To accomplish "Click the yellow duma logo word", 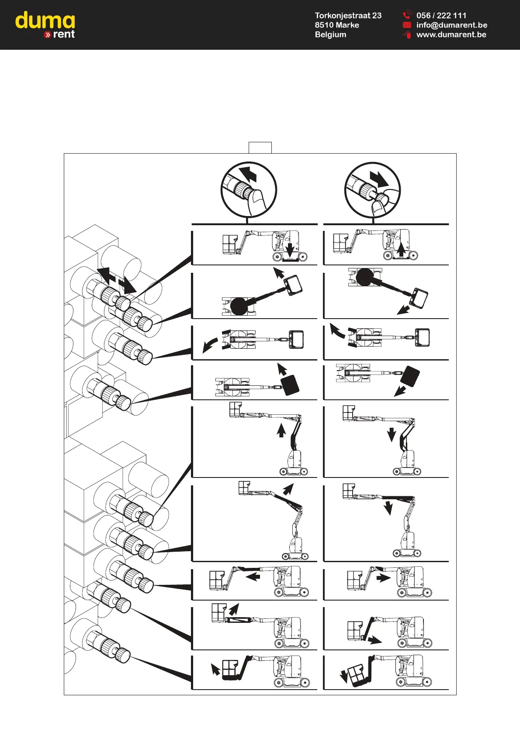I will (45, 21).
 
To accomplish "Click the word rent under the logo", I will (64, 34).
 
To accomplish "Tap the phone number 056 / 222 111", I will (441, 15).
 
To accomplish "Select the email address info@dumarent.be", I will (452, 25).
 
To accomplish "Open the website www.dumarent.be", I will (451, 34).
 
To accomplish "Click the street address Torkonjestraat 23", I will (348, 15).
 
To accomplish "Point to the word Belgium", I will (330, 34).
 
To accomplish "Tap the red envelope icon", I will (407, 25).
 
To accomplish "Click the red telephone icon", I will (407, 14).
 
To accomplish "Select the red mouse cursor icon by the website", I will (407, 34).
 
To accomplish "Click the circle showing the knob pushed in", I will (249, 190).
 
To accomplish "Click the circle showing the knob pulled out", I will (372, 190).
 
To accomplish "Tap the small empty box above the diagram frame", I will (260, 148).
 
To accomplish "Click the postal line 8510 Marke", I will (337, 25).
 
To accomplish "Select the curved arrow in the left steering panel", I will (210, 345).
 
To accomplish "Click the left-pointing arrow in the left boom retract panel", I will (253, 577).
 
